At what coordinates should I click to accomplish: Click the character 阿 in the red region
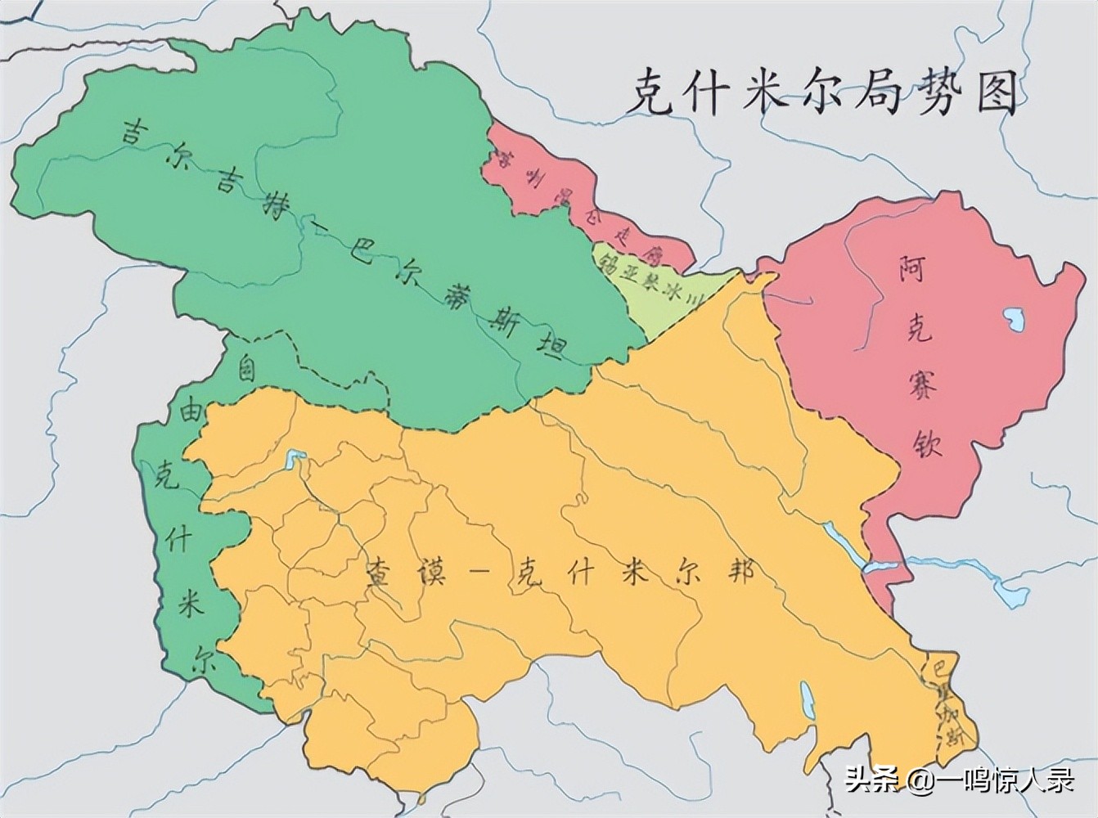click(911, 268)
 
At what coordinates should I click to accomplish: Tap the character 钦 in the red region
click(927, 443)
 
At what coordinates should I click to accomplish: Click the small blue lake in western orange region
click(295, 459)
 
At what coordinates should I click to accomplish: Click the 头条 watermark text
click(871, 779)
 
